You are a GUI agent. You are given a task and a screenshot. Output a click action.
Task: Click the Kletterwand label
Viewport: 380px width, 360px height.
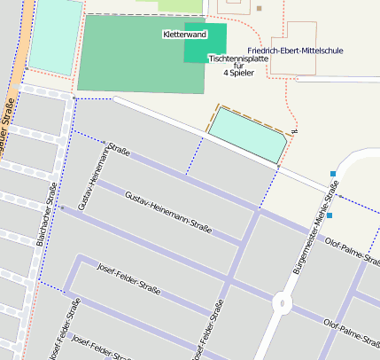[184, 35]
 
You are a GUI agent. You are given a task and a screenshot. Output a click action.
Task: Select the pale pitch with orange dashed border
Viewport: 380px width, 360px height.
[248, 134]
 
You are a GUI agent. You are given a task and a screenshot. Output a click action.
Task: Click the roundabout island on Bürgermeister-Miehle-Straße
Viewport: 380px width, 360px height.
[283, 302]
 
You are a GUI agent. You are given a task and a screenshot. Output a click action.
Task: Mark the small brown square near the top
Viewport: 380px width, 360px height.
[259, 8]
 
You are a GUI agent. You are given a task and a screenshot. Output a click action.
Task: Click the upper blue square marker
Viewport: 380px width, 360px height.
[333, 174]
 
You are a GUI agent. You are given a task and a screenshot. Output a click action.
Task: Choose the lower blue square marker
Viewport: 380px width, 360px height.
[329, 215]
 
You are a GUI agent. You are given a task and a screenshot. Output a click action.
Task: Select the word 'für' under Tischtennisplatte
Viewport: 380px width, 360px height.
[237, 66]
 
